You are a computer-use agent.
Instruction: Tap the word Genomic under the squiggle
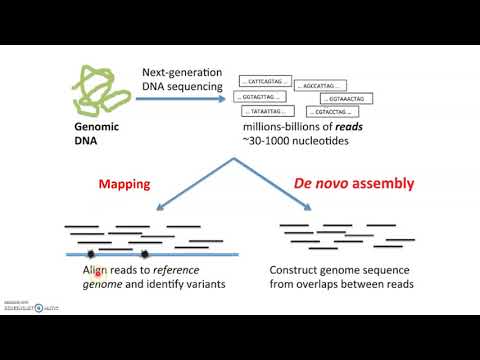[98, 129]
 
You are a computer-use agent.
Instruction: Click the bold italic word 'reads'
[351, 128]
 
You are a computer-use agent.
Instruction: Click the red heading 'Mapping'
[125, 185]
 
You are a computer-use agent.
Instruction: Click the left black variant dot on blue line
[99, 253]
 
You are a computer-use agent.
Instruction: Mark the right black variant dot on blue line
[144, 253]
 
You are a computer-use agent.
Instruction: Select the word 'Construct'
[296, 270]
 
